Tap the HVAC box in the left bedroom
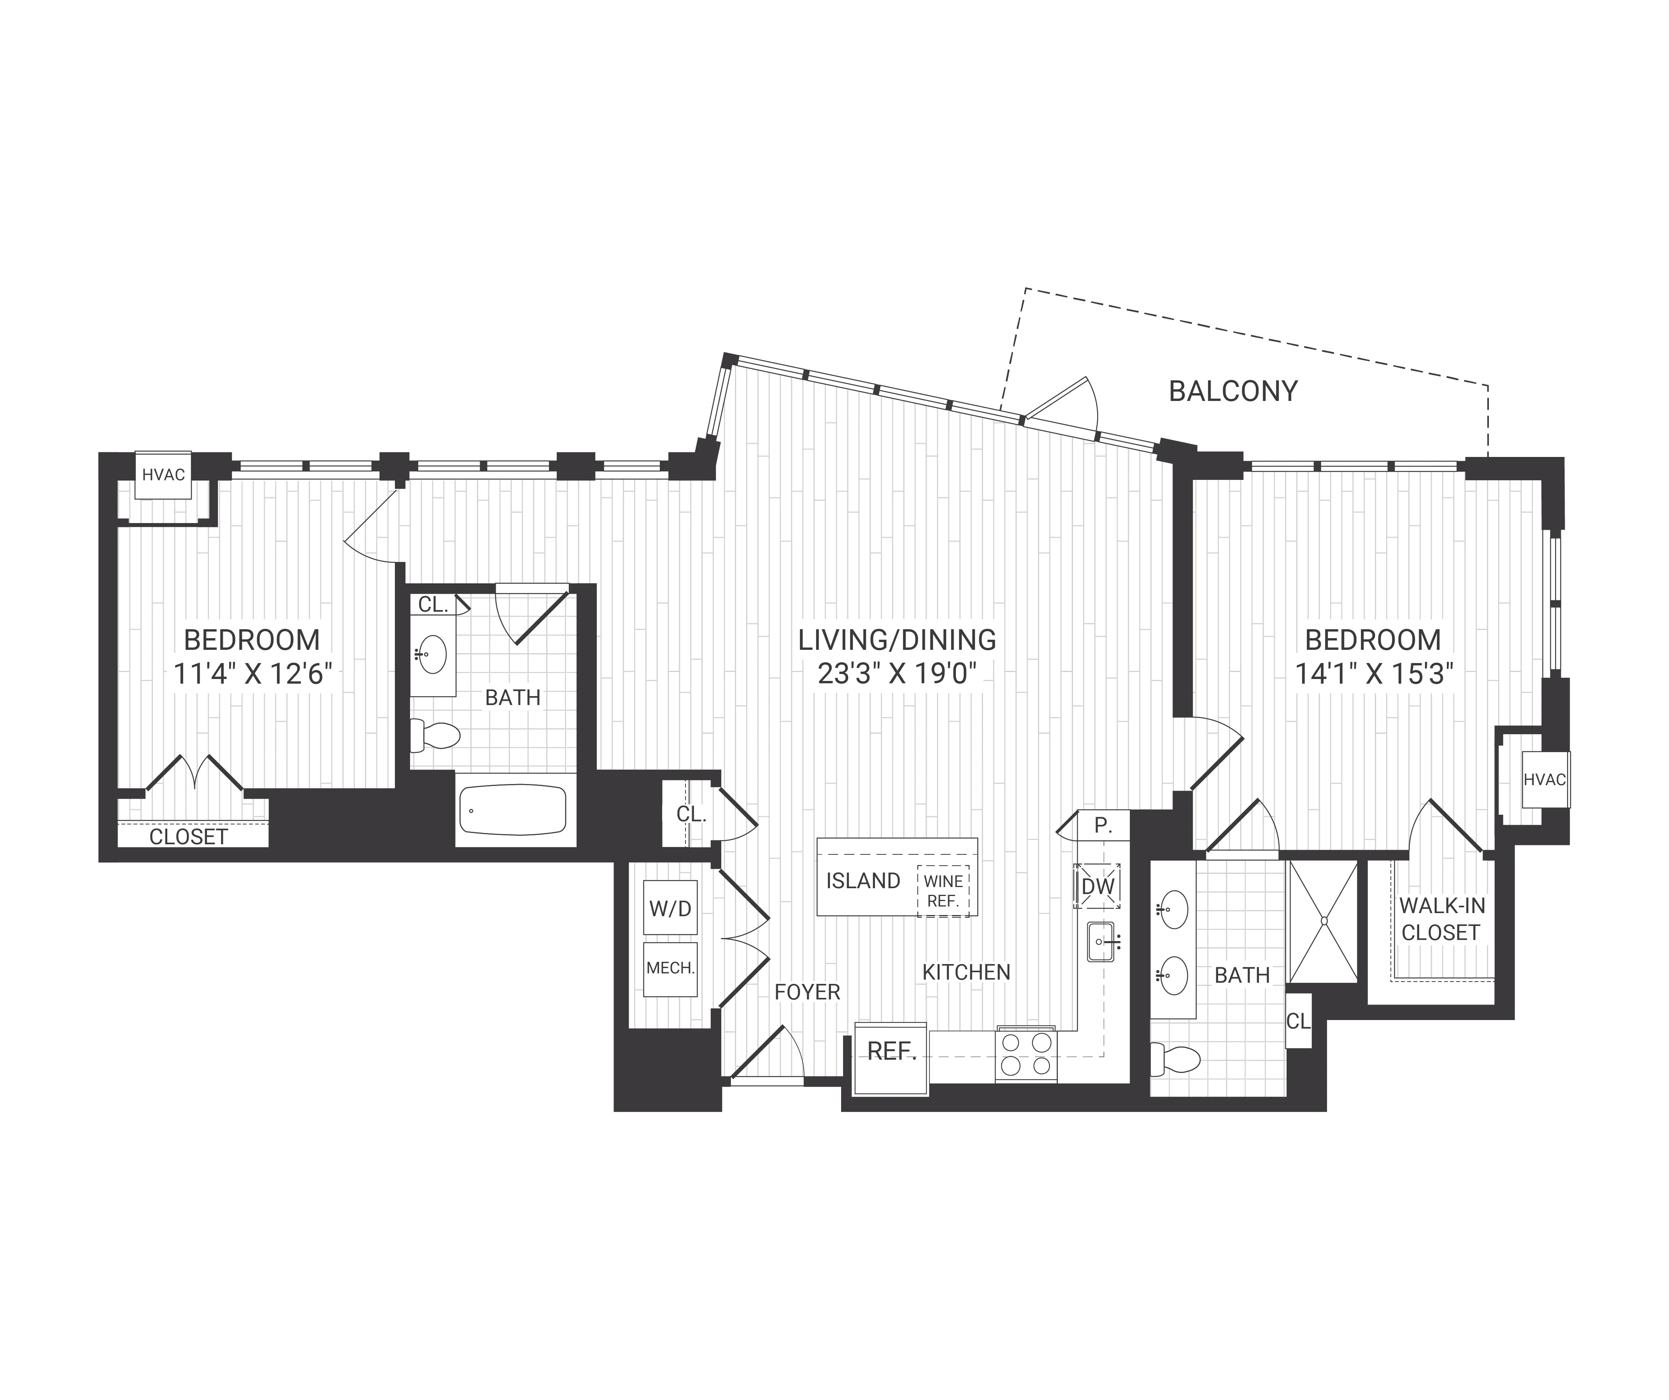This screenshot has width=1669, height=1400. [x=163, y=475]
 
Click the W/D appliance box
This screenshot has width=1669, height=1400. [x=670, y=908]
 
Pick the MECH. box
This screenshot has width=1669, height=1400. [x=670, y=969]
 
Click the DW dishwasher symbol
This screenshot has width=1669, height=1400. [x=1097, y=886]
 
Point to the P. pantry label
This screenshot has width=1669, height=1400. [x=1102, y=826]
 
